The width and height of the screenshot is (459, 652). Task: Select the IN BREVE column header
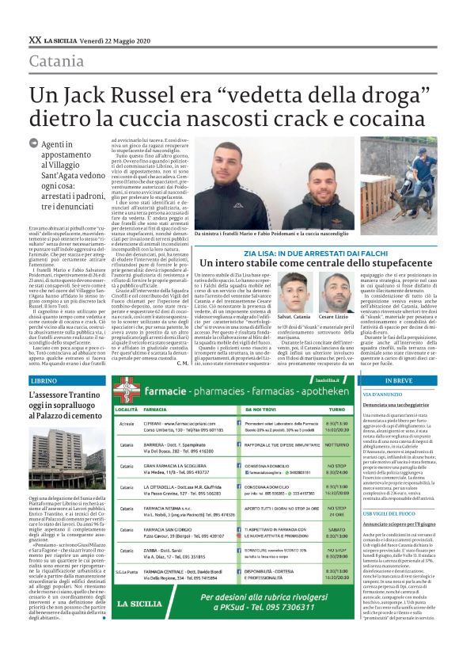400,380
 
